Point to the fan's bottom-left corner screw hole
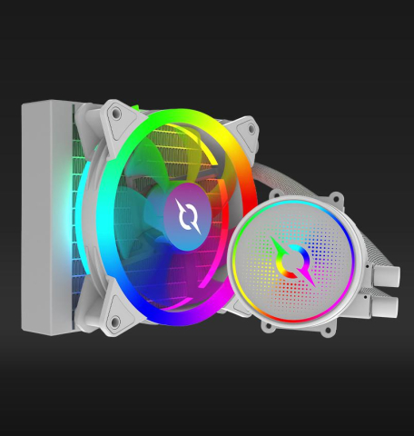pos(115,321)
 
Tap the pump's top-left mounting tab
pos(272,193)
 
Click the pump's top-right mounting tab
pos(336,197)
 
